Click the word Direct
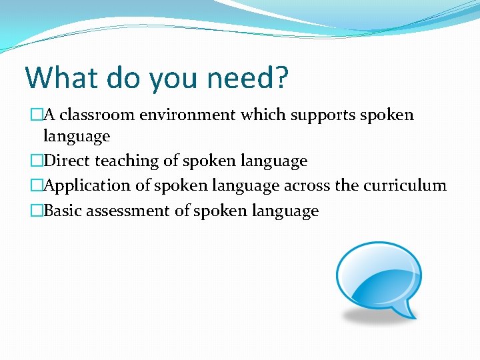(68, 161)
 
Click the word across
(307, 185)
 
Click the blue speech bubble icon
(378, 279)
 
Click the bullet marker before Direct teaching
(37, 161)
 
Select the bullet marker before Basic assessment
(37, 211)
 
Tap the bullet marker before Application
(37, 186)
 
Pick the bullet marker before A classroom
(37, 115)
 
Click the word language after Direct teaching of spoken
(277, 161)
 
